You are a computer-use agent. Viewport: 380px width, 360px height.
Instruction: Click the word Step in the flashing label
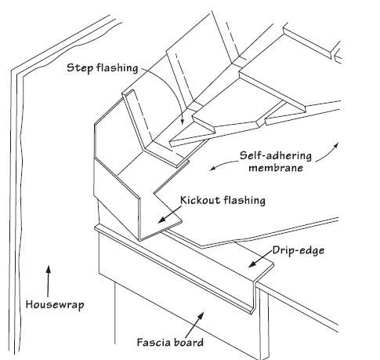click(x=80, y=68)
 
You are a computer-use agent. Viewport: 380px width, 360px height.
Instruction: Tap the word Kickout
click(x=200, y=200)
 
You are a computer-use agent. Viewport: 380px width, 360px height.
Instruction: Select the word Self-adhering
click(x=276, y=156)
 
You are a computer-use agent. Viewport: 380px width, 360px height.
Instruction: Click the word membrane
click(x=276, y=168)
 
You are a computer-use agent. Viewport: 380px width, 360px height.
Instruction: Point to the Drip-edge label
click(x=299, y=250)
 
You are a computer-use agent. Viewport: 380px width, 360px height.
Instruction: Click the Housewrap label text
click(x=55, y=305)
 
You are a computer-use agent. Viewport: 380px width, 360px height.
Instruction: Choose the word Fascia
click(x=153, y=342)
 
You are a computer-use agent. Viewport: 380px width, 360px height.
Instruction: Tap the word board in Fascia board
click(x=187, y=342)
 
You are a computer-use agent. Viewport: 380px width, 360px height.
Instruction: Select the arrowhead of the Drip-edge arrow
click(x=252, y=264)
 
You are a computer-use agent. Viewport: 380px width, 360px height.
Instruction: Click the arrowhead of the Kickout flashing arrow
click(x=161, y=220)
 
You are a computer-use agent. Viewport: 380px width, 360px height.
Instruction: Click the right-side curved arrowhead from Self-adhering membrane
click(x=336, y=145)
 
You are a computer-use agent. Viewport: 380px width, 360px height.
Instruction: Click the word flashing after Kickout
click(x=244, y=201)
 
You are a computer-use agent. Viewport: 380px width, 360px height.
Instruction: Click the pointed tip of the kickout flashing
click(x=182, y=222)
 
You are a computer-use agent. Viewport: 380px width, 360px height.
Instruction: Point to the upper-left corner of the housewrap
click(x=11, y=71)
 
